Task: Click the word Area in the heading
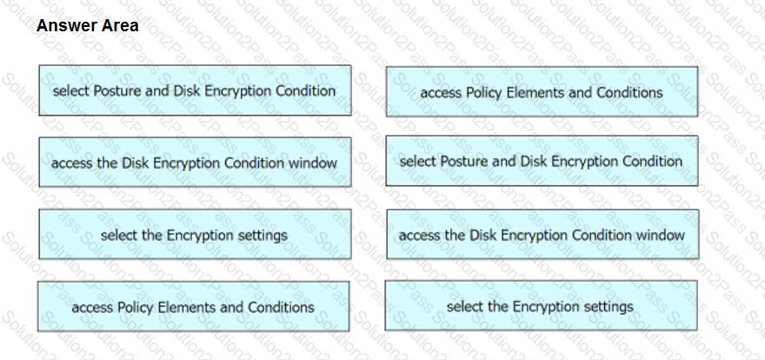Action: click(x=121, y=25)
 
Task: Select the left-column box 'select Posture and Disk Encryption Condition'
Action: click(x=195, y=90)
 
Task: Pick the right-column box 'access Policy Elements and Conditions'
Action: click(x=542, y=91)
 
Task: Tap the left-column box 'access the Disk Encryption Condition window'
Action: click(x=195, y=162)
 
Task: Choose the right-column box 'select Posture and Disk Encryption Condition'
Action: click(x=542, y=161)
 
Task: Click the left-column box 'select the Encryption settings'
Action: click(x=195, y=234)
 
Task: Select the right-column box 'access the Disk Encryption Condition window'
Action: click(x=542, y=234)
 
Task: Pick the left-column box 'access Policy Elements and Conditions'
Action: click(x=193, y=306)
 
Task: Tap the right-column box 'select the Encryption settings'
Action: click(x=541, y=305)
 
